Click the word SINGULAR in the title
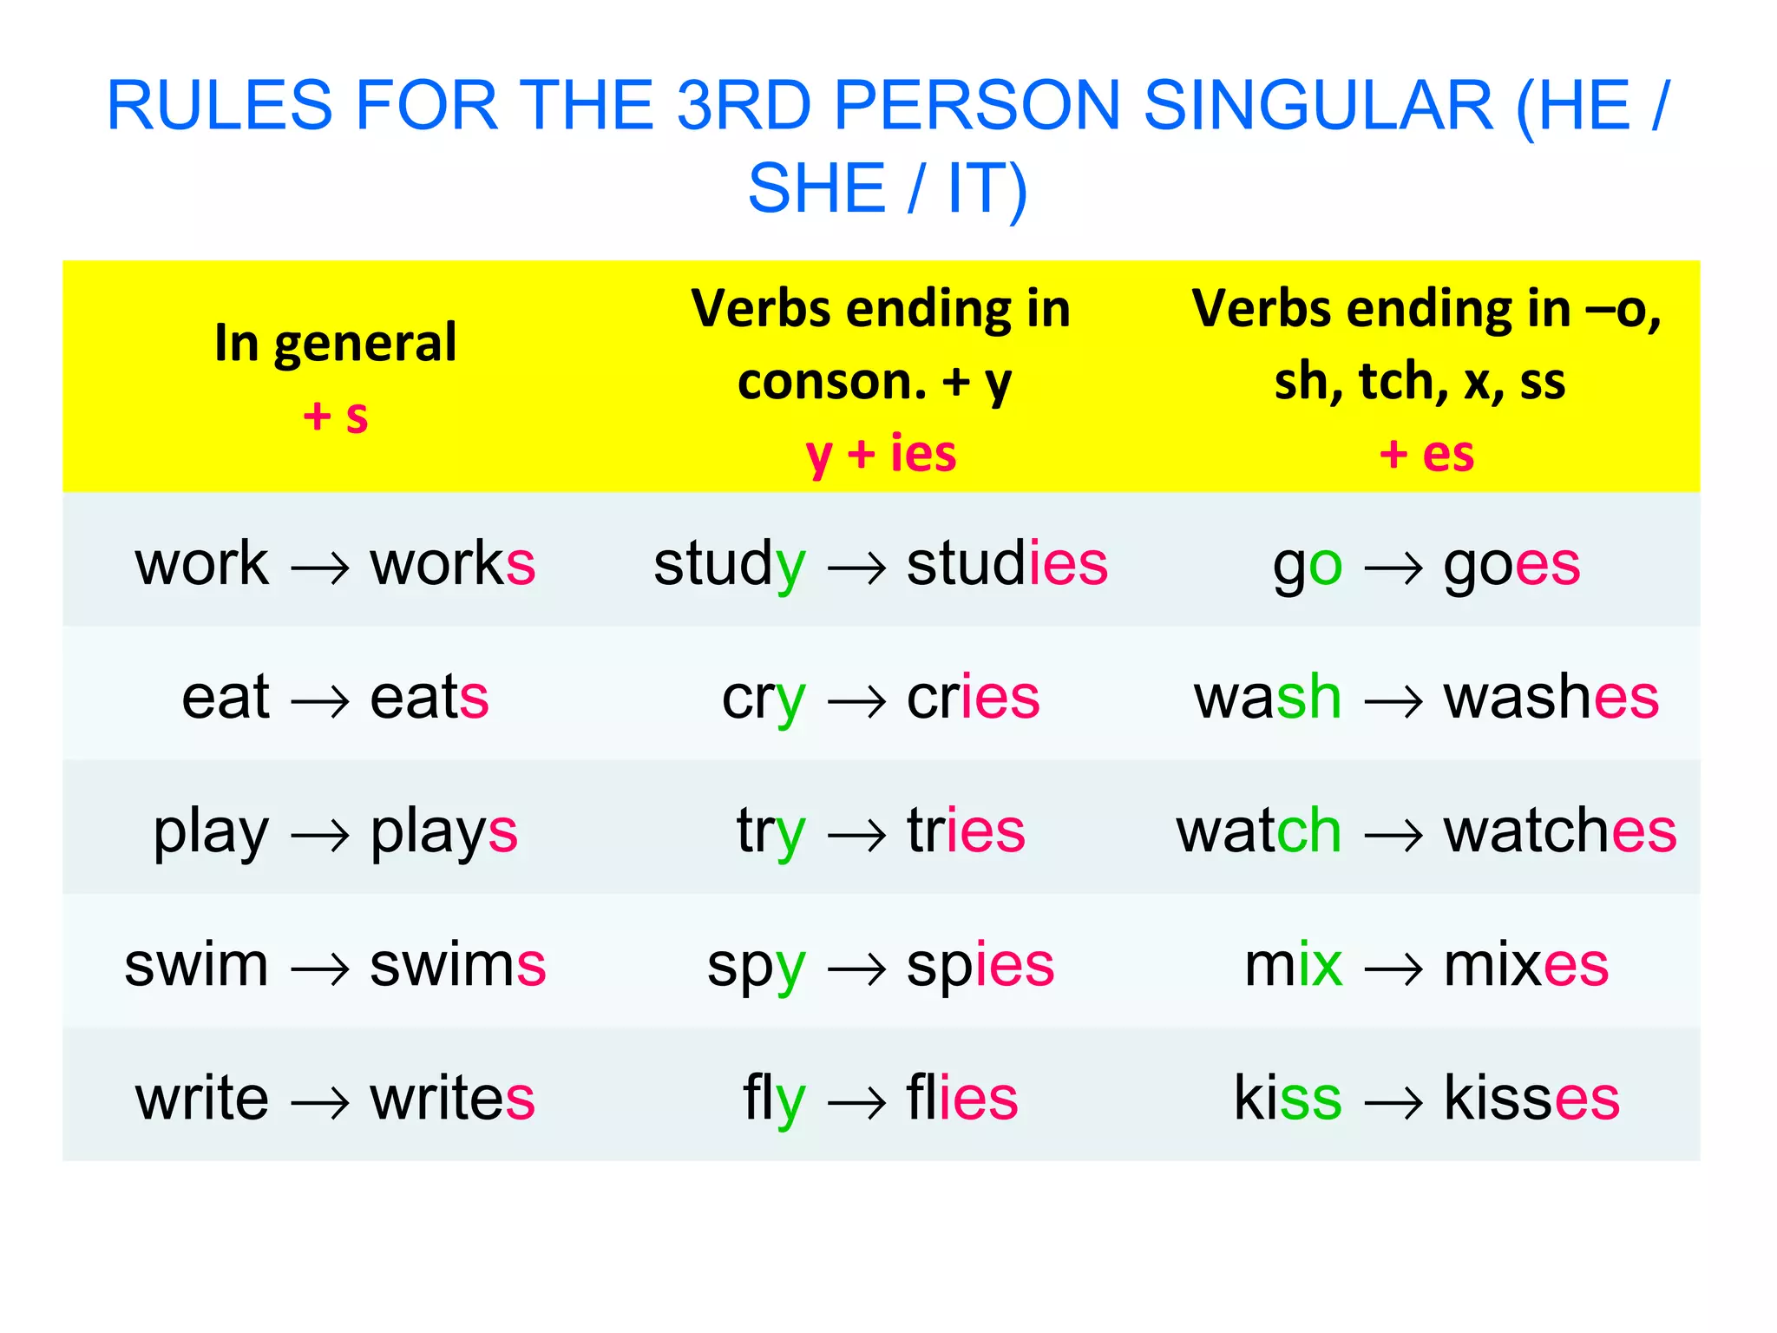(1318, 106)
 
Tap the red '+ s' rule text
(336, 416)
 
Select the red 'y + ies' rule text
(881, 454)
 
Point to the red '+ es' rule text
(1426, 454)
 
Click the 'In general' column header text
(336, 343)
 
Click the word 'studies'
(1007, 564)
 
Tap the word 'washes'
(1551, 697)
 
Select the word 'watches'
(1559, 831)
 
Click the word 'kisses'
(1531, 1098)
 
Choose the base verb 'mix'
(1293, 965)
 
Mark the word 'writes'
(452, 1098)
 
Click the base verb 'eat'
(226, 697)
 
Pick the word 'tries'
(966, 831)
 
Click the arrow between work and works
(319, 568)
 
